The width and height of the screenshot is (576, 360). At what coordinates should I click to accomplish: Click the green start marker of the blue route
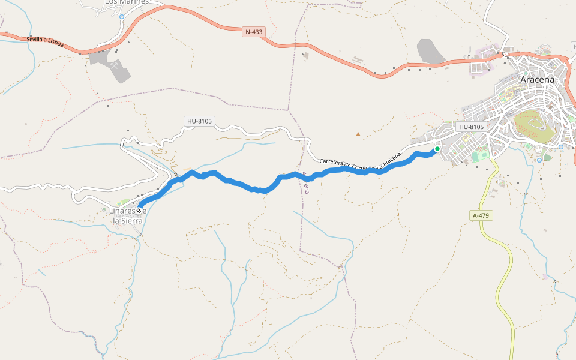pos(437,149)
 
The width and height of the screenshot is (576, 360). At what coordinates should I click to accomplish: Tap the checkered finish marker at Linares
pos(139,211)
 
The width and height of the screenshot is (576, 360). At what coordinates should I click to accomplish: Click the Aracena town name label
pos(538,79)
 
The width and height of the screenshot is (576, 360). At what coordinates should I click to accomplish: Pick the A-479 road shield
pos(482,215)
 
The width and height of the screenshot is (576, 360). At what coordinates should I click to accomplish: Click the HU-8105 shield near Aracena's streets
pos(471,127)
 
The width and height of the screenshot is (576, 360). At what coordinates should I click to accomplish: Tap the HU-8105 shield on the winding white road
pos(199,121)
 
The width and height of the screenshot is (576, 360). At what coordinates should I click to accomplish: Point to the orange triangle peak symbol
pos(358,134)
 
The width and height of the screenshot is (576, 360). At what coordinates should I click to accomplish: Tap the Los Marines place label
pos(126,2)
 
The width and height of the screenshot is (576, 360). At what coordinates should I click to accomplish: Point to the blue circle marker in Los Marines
pos(122,17)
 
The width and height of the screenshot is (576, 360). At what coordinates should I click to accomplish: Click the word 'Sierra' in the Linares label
pos(128,221)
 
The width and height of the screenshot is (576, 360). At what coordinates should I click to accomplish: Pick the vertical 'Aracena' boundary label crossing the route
pos(305,182)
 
